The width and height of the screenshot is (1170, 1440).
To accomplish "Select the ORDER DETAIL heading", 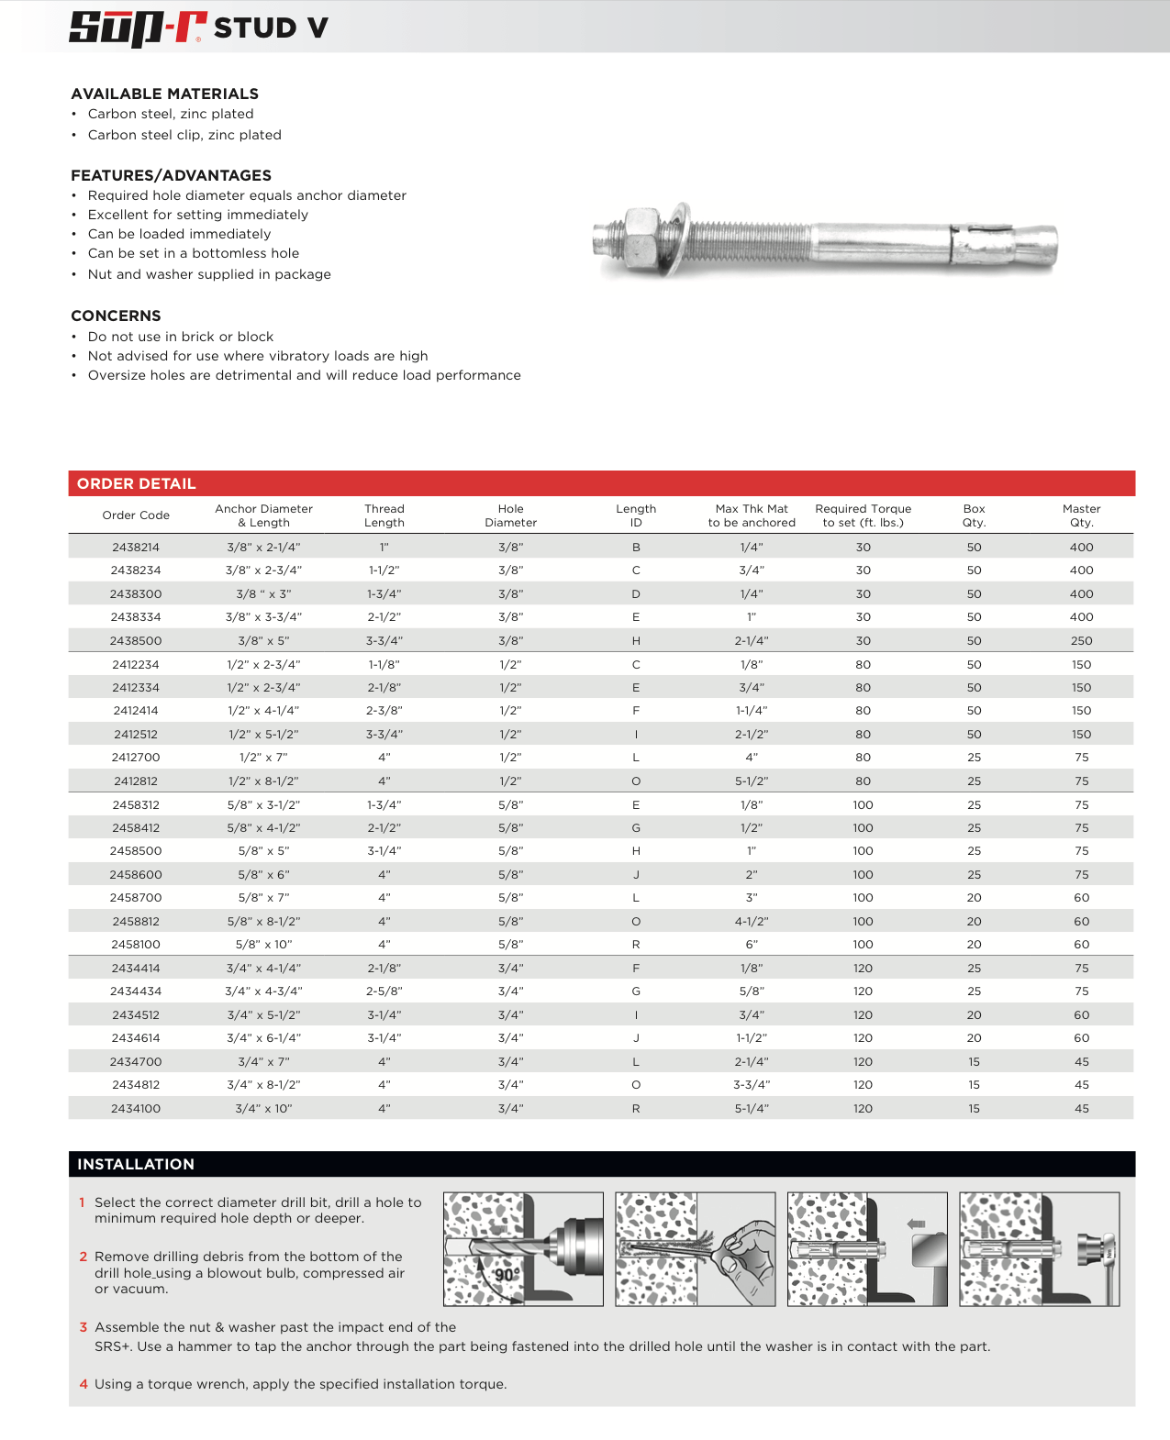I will tap(137, 483).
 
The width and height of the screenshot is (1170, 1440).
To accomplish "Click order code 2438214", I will tap(136, 548).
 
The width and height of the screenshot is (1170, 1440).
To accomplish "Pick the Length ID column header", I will tap(636, 515).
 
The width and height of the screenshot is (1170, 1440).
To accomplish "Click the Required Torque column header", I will tap(863, 515).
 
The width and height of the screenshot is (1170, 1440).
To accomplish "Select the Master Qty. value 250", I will tap(1081, 641).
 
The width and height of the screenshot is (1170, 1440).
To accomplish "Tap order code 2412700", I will tap(136, 758).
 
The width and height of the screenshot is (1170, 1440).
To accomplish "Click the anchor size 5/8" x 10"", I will tap(263, 945).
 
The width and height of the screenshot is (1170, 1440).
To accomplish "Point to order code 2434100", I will tap(136, 1109).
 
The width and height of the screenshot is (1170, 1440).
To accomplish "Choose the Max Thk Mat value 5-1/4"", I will tap(752, 1109).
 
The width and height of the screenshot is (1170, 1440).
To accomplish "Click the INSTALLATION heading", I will tap(136, 1164).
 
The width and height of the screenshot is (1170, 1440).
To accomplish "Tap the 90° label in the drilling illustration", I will tap(507, 1275).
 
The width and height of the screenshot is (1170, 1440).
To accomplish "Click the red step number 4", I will tap(84, 1384).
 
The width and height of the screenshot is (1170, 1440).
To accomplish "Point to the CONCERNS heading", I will tap(116, 316).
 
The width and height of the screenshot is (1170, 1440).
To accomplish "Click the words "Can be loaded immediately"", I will tap(179, 234).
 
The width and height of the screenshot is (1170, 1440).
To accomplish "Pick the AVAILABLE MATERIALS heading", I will tap(165, 94).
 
